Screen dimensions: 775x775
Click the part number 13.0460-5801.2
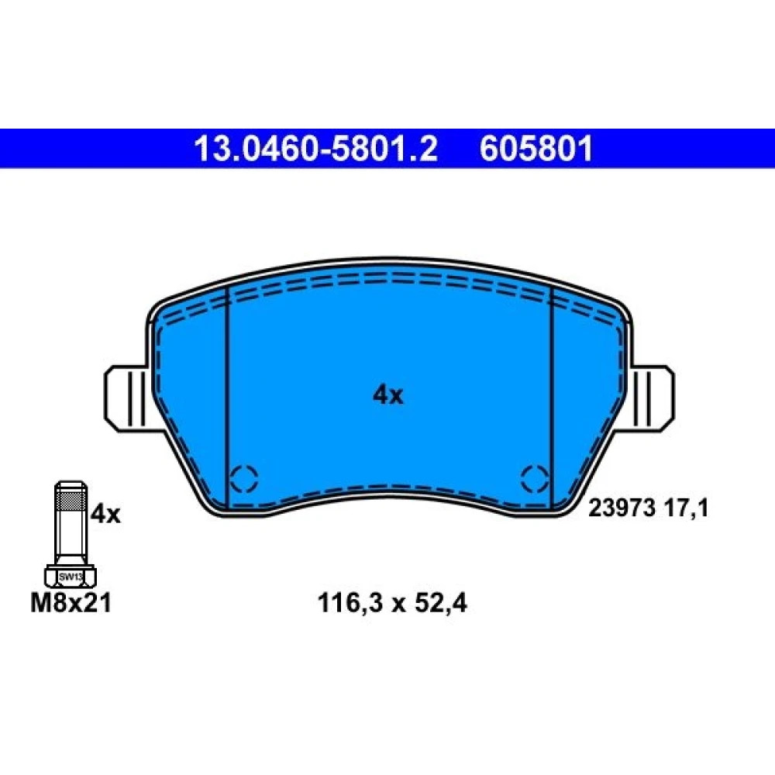point(316,148)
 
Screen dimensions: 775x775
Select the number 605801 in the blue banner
point(536,148)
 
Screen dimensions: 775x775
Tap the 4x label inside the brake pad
point(388,395)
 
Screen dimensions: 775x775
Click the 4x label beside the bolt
point(105,515)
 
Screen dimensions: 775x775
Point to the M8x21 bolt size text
point(71,603)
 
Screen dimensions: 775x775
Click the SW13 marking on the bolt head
point(71,577)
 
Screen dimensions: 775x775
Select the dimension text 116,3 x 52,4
point(392,604)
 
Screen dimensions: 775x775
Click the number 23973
point(622,508)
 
